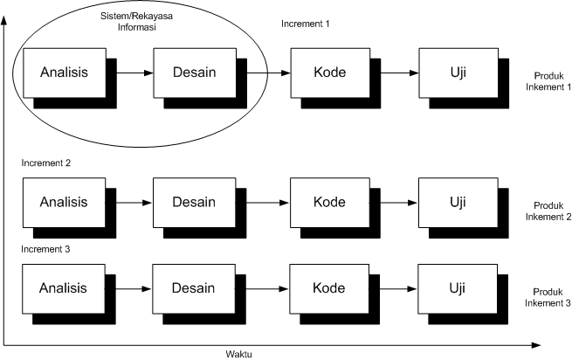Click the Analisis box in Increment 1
point(64,73)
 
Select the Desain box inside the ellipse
point(194,73)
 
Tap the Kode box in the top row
point(328,73)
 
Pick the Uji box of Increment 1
point(456,73)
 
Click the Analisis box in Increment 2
point(64,203)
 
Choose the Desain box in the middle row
point(194,203)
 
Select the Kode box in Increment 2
point(328,203)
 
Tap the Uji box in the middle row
point(456,203)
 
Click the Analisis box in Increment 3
point(64,288)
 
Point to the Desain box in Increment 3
point(194,288)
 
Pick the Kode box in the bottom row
point(328,288)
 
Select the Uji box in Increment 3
point(456,288)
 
